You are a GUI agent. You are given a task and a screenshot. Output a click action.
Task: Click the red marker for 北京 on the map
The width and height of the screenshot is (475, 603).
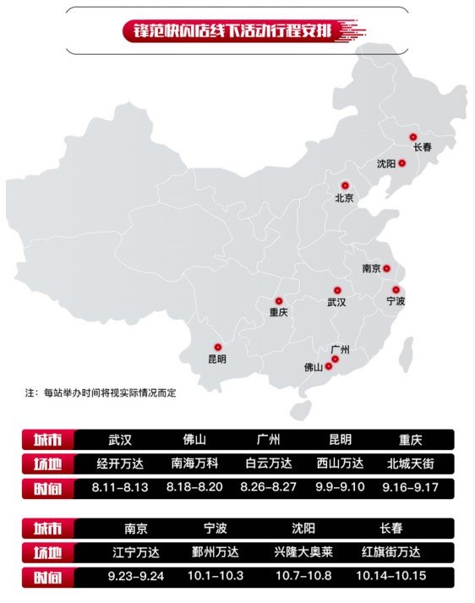(x=345, y=185)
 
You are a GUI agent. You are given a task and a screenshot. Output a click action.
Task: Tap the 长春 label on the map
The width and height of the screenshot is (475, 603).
(x=423, y=148)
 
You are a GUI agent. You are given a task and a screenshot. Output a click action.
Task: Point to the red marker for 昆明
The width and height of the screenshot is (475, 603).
(x=217, y=347)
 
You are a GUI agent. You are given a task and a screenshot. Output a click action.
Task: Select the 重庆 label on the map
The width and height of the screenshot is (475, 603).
(x=278, y=312)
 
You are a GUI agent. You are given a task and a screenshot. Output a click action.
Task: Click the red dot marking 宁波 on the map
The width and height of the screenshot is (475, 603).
(x=396, y=289)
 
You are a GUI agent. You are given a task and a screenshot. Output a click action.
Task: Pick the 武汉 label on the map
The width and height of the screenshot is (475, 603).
(x=336, y=302)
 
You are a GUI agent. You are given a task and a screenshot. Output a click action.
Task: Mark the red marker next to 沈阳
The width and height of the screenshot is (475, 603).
(x=402, y=163)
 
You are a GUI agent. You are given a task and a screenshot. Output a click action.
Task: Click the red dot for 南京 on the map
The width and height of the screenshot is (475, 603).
(x=386, y=268)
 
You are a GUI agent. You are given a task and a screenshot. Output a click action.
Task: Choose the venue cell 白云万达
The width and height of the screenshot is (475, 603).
(x=268, y=463)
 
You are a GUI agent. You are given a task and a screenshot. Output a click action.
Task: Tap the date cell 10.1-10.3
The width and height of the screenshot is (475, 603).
(x=215, y=577)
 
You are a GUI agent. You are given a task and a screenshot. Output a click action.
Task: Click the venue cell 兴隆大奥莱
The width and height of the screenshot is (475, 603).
(x=303, y=552)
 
